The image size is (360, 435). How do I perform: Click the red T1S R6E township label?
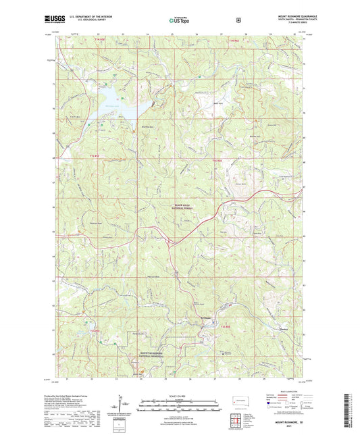[x=216, y=159]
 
